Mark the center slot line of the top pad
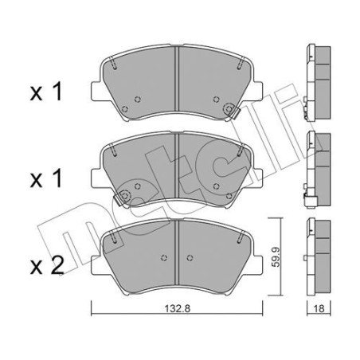[x=176, y=80]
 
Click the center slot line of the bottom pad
[x=176, y=251]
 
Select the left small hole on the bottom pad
[x=163, y=258]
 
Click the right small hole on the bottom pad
[x=189, y=258]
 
